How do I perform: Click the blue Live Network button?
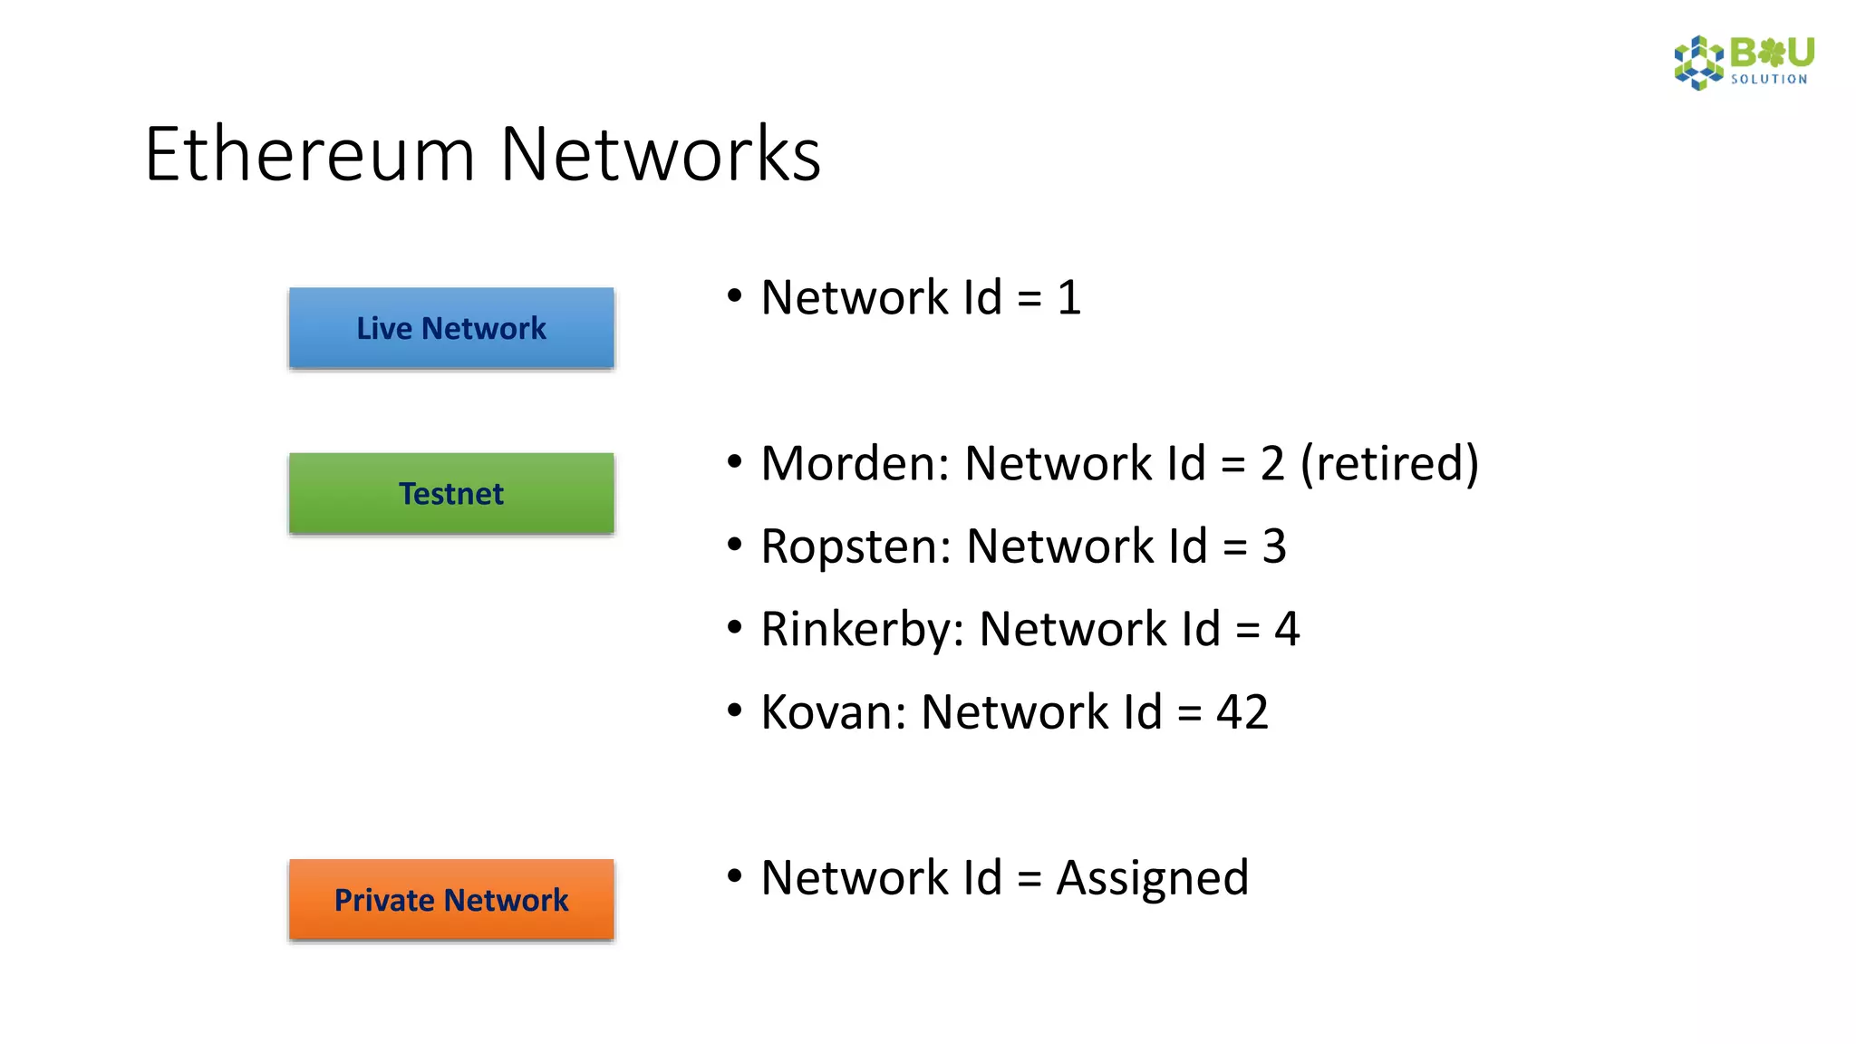tap(451, 328)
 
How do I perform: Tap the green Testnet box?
tap(451, 494)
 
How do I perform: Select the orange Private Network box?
tap(451, 900)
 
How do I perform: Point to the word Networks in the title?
tap(660, 154)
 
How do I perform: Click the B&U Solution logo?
tap(1744, 63)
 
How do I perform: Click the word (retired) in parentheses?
tap(1389, 464)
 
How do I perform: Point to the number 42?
tap(1242, 712)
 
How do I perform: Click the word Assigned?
tap(1152, 879)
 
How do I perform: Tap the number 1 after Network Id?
tap(1069, 298)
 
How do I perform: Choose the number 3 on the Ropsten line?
tap(1274, 547)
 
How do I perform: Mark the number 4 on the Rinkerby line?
tap(1287, 630)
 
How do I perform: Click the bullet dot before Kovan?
tap(735, 710)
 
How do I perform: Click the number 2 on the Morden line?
tap(1272, 464)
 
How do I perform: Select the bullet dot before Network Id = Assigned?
tap(735, 876)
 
